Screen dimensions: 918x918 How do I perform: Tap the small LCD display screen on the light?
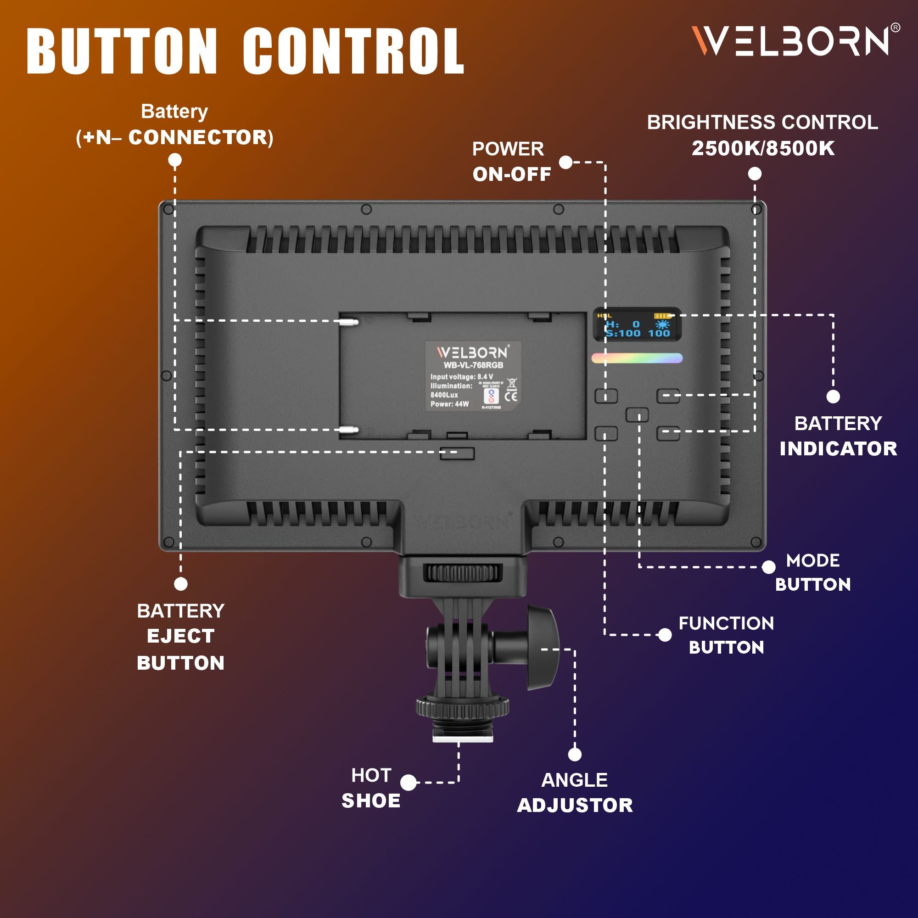[637, 325]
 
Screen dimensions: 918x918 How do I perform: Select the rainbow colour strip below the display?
[637, 358]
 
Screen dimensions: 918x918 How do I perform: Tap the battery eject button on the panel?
[457, 453]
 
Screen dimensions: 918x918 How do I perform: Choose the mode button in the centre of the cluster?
[637, 414]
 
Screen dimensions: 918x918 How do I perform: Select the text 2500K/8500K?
[762, 149]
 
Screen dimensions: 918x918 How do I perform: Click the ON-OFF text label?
[512, 174]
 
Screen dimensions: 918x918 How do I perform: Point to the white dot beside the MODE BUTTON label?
[768, 567]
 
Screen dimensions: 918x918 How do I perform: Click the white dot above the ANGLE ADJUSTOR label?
[575, 755]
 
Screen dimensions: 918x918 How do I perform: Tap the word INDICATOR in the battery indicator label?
[838, 449]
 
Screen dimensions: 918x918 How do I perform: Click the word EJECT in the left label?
[180, 636]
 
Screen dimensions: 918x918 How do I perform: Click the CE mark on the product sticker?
[513, 396]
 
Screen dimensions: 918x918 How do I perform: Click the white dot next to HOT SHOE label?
[408, 783]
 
